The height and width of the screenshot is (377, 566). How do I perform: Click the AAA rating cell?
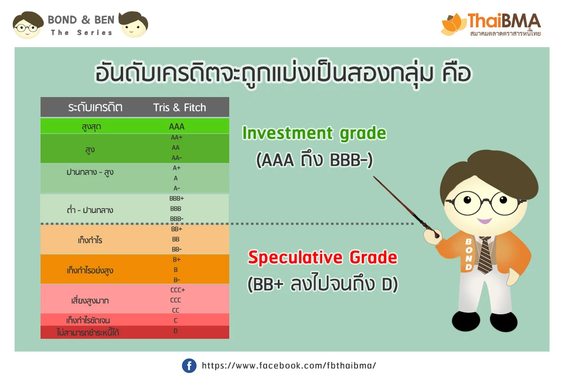(176, 126)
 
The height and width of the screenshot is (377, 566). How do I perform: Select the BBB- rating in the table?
(176, 219)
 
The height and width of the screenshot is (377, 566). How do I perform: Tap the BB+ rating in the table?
(176, 229)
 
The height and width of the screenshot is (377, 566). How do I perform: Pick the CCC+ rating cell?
(178, 290)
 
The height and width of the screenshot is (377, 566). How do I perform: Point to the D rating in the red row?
(175, 331)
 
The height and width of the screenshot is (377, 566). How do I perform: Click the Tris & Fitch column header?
(179, 107)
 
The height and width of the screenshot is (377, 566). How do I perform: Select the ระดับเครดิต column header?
(95, 107)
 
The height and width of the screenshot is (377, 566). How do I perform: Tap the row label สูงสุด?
(91, 127)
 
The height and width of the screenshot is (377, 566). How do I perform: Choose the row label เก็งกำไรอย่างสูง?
(90, 270)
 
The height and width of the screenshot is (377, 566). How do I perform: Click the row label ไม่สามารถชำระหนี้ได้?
(88, 332)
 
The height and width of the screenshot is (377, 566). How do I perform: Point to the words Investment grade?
(314, 133)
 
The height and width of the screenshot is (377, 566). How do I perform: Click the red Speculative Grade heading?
(323, 257)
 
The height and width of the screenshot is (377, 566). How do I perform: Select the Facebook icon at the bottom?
(189, 365)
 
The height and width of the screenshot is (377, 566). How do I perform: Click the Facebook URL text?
(289, 365)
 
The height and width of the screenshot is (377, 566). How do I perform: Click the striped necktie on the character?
(485, 255)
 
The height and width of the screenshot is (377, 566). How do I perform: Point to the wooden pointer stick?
(406, 206)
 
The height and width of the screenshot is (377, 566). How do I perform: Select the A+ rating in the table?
(176, 168)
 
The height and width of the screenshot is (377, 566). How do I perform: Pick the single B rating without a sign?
(175, 270)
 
